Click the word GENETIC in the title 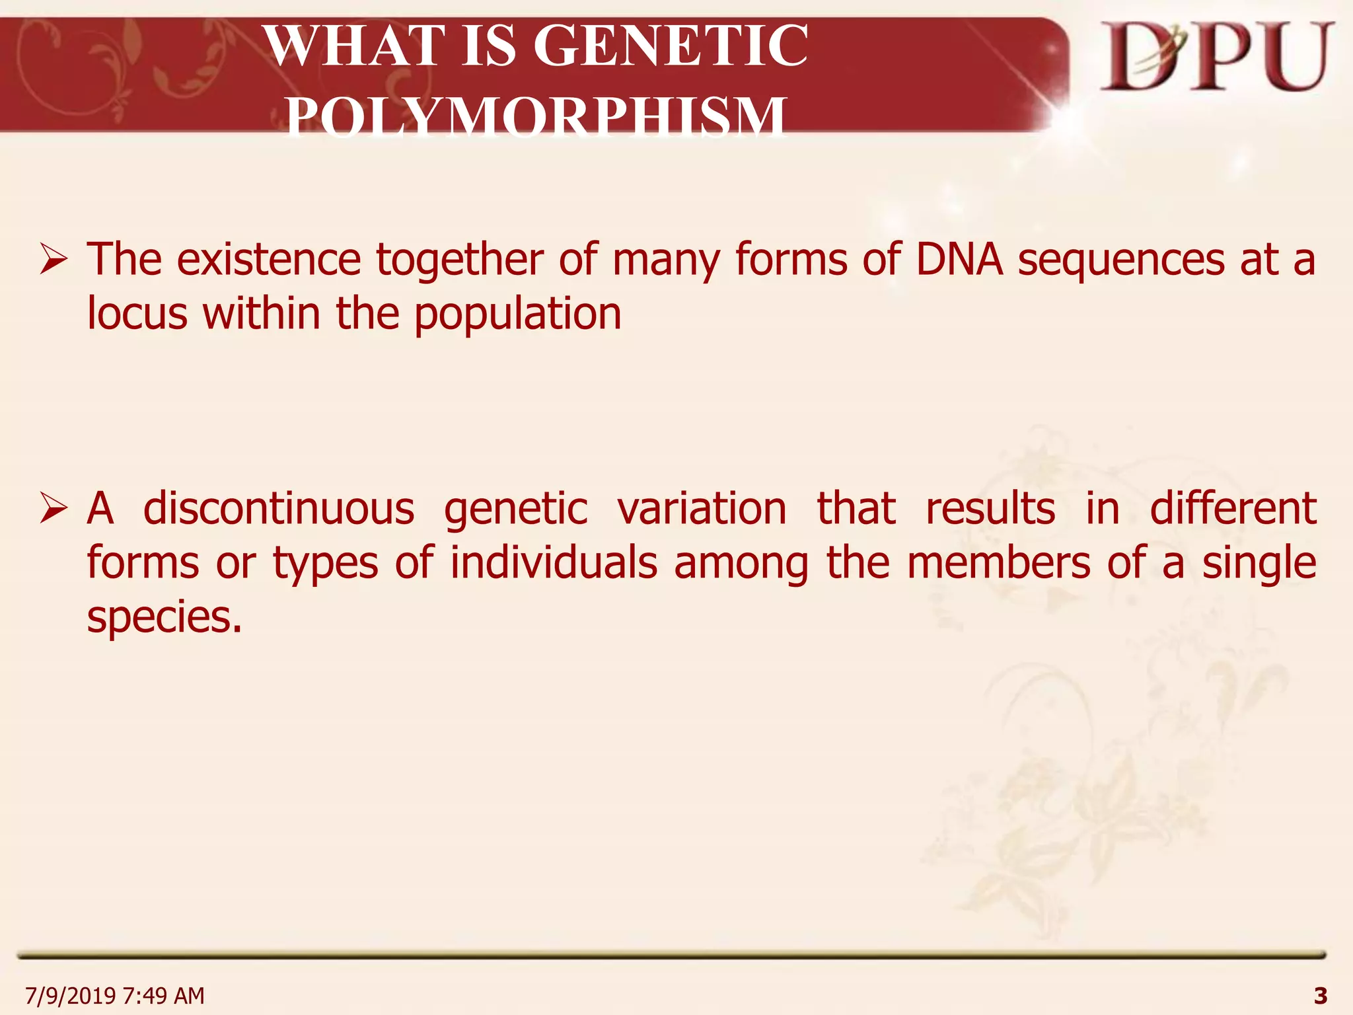[x=670, y=46]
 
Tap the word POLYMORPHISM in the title [x=536, y=116]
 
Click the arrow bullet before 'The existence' [x=53, y=258]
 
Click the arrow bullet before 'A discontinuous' [x=53, y=508]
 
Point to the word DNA [x=959, y=258]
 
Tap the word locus [x=137, y=313]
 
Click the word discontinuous [x=279, y=508]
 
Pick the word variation [x=702, y=508]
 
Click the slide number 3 [x=1320, y=995]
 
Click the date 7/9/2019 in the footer [x=70, y=995]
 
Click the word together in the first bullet [x=460, y=260]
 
